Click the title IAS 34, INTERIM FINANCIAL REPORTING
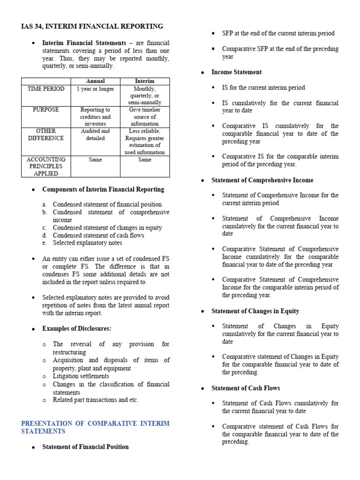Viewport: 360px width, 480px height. [92, 26]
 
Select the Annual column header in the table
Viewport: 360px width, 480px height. [96, 81]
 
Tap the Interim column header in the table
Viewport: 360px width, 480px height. [145, 81]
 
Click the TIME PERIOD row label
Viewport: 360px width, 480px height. [46, 89]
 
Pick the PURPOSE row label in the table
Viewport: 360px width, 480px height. [46, 110]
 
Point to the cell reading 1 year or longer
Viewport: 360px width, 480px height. [96, 89]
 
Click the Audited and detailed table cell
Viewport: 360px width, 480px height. [96, 135]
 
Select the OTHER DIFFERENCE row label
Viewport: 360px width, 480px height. [46, 135]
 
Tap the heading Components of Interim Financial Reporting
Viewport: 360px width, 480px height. [103, 189]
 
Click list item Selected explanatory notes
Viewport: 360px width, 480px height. [87, 243]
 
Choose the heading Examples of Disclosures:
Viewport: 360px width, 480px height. [77, 328]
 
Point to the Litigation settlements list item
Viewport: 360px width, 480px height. [81, 376]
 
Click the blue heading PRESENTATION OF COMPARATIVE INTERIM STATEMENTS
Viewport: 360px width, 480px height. [95, 427]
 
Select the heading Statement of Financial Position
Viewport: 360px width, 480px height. [85, 447]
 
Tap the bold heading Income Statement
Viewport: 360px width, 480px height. [237, 72]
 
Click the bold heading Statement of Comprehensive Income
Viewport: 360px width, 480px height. [262, 180]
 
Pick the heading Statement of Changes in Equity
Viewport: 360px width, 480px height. [255, 311]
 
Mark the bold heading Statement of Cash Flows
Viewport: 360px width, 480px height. [246, 388]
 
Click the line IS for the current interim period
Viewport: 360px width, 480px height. [263, 88]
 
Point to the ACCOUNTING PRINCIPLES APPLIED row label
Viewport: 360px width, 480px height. [46, 166]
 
